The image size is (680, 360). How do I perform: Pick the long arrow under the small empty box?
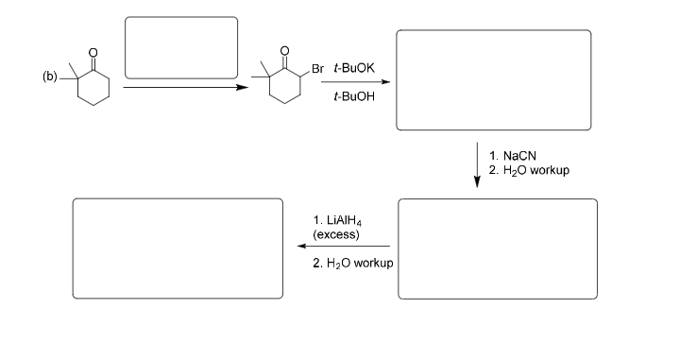[179, 87]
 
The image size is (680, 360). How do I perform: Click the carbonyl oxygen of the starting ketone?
[93, 52]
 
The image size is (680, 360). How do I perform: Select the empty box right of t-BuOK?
[493, 80]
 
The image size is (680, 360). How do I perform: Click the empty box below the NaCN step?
[497, 249]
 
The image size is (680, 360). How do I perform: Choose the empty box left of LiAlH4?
[178, 249]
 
